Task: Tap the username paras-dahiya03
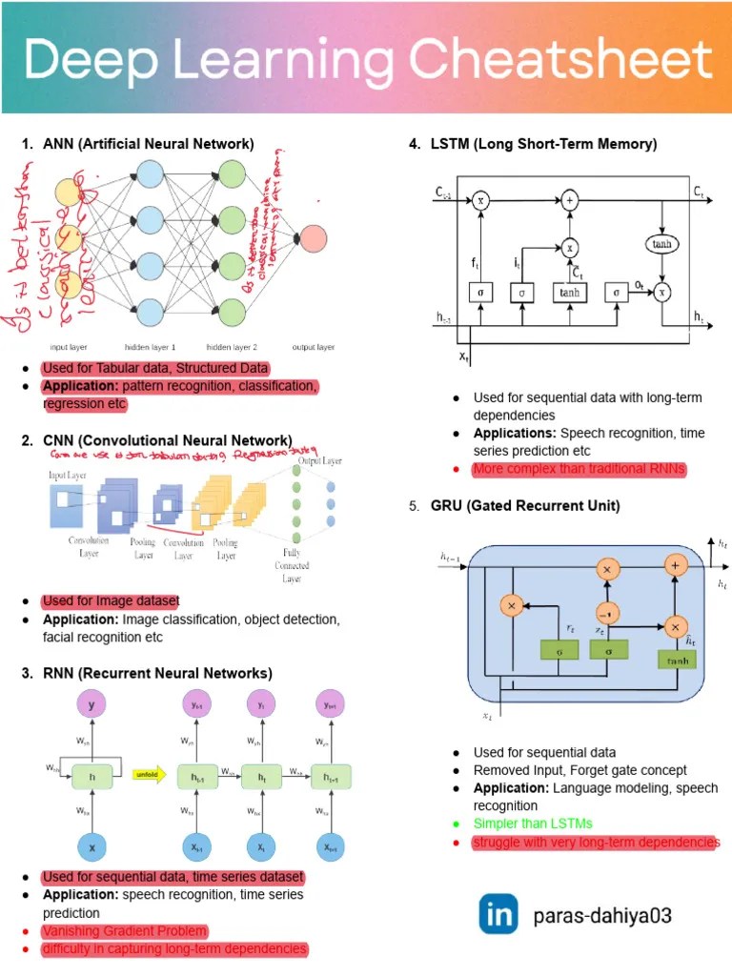(x=602, y=917)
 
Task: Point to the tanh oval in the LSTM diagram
(x=661, y=244)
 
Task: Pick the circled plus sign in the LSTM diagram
(x=570, y=200)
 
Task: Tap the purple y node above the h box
(x=91, y=705)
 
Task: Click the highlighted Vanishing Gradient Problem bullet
(x=124, y=931)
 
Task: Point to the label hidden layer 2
(x=232, y=348)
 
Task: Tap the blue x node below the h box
(x=91, y=846)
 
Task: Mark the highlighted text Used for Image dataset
(x=110, y=601)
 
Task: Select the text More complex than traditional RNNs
(x=579, y=470)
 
